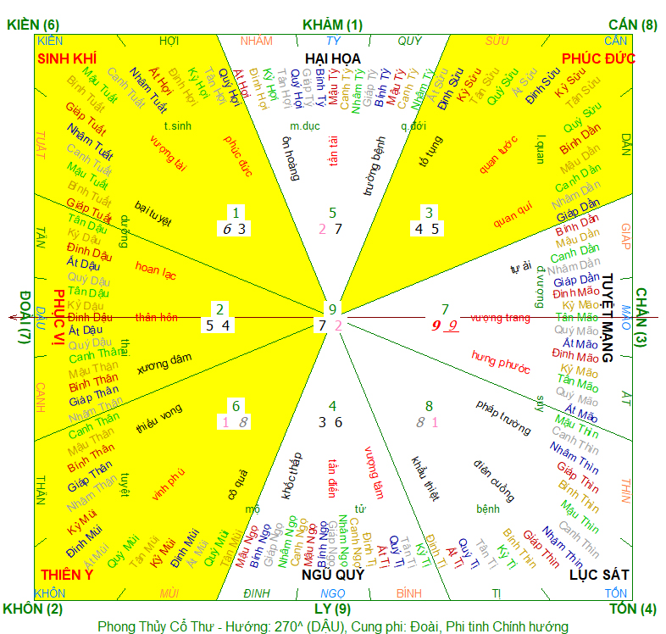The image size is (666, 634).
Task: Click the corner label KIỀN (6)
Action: click(x=33, y=25)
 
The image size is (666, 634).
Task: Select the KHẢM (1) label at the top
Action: click(x=331, y=25)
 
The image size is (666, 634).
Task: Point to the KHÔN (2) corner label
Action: click(x=33, y=609)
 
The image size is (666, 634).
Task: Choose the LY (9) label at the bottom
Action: click(x=333, y=609)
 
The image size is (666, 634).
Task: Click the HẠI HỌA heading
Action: click(x=333, y=58)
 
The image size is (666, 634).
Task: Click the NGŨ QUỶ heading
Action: click(x=333, y=576)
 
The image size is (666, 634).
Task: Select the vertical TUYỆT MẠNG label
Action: click(x=607, y=318)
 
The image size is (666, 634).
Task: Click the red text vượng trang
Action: click(x=500, y=318)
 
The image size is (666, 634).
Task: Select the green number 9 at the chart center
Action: click(x=333, y=309)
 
